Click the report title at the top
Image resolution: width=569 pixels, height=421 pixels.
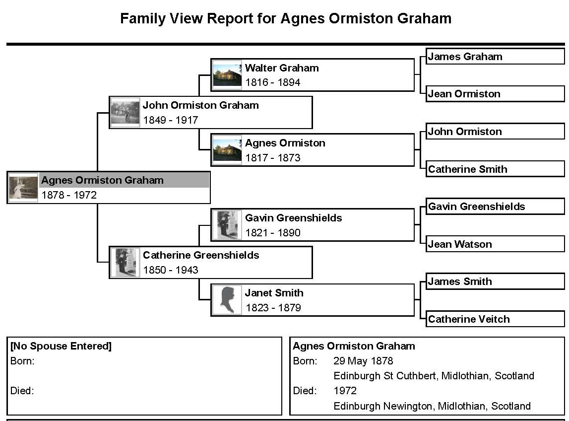click(286, 19)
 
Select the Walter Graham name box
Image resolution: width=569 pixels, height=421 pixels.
click(313, 75)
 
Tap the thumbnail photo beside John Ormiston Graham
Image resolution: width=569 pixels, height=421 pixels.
click(125, 112)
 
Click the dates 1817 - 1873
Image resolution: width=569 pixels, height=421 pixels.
click(273, 158)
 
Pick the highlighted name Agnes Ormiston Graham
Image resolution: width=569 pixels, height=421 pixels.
click(102, 180)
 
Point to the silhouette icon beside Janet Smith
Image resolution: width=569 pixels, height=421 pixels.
click(227, 300)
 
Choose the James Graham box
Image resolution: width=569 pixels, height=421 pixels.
click(495, 57)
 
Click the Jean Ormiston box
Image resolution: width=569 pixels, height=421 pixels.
click(495, 94)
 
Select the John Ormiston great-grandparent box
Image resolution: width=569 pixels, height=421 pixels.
click(495, 132)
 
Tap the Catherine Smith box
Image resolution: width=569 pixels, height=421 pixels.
click(495, 169)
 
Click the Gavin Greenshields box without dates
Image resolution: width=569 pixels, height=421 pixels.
click(495, 207)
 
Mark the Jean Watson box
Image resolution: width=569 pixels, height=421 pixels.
click(495, 244)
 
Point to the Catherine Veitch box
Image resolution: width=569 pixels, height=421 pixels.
click(495, 319)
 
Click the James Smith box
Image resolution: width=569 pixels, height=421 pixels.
click(495, 281)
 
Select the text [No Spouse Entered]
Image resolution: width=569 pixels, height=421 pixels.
click(61, 346)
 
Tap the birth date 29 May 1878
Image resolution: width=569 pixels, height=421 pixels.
click(363, 361)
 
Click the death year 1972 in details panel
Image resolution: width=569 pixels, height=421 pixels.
click(345, 391)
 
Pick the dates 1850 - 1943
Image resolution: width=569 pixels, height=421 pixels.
click(171, 270)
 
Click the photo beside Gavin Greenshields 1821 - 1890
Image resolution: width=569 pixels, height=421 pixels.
click(227, 225)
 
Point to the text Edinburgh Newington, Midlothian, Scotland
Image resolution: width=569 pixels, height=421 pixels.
click(432, 406)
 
